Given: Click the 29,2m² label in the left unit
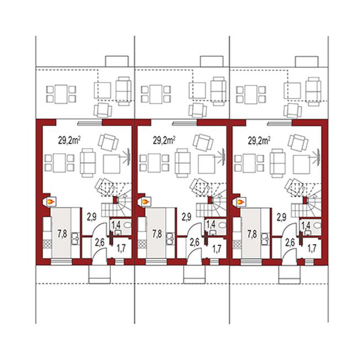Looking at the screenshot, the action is coord(69,141).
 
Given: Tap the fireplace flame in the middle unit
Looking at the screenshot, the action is coord(146,202).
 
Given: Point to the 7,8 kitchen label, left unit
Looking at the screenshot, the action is coord(62,234).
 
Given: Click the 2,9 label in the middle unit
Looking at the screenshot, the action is coord(186,217).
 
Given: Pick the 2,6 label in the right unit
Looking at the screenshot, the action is coord(290,243).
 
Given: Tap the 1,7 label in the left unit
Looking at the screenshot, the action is coord(121,249).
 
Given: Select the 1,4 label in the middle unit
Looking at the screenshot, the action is coord(211,224).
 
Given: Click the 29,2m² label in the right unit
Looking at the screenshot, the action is coord(259,141).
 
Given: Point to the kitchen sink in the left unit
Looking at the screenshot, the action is coord(75,239).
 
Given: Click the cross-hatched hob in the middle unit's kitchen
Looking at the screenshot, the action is coord(142,244).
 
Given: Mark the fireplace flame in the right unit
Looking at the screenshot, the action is coord(240,202).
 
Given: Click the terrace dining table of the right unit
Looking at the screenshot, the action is coord(251,94).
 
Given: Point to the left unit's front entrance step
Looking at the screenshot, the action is coord(99,275).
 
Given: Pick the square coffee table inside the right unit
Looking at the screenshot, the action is coord(302,164).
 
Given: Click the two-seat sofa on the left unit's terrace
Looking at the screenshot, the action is coord(124,91).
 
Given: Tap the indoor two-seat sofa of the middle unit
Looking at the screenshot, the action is coord(183,163).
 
